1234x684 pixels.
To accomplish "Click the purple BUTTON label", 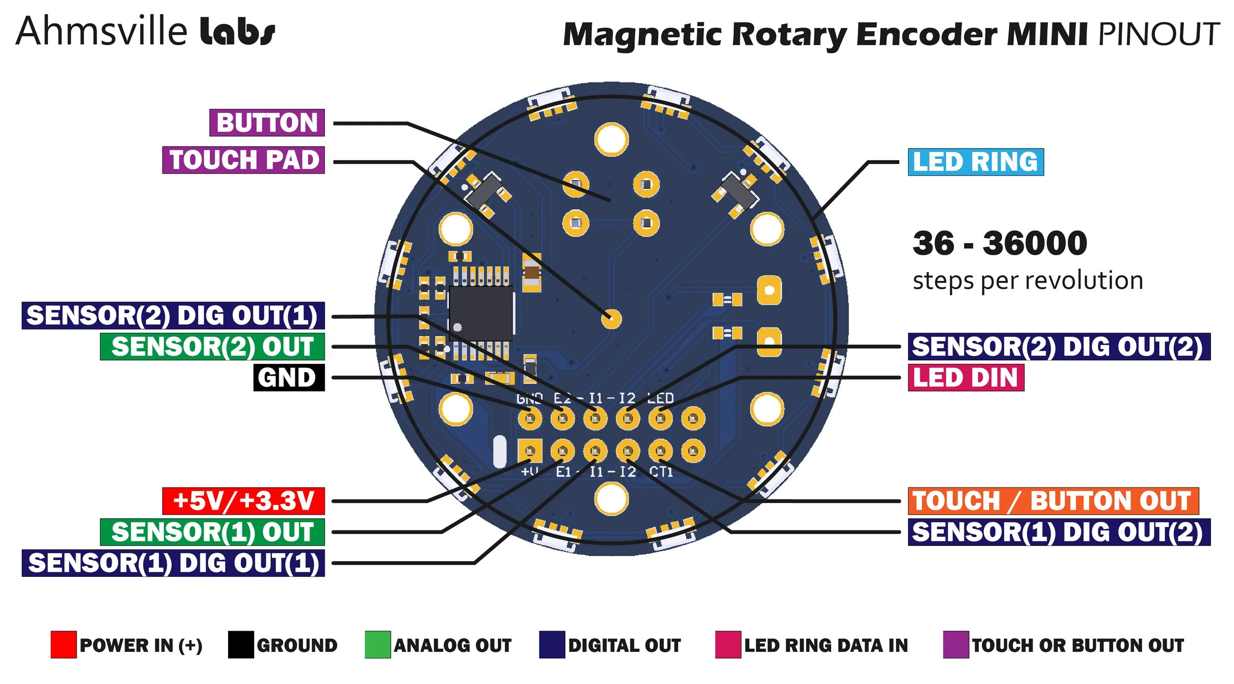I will pos(267,122).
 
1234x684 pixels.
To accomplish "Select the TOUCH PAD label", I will pos(243,160).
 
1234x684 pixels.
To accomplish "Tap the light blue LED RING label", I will pos(975,162).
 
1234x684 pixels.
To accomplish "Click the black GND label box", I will pos(289,378).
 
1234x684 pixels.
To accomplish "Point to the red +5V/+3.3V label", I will pos(243,501).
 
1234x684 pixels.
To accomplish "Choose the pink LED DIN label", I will pos(965,378).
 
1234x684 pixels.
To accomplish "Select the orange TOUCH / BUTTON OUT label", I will pos(1053,501).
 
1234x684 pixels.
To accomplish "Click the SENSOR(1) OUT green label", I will pos(212,532).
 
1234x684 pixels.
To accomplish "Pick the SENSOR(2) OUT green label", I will pos(212,346).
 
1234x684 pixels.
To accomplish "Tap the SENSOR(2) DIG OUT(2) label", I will pos(1059,346).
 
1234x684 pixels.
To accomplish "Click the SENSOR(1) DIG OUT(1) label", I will pos(173,563).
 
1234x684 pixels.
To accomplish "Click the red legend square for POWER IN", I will pos(63,645).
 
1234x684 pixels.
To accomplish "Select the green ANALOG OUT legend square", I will pos(378,645).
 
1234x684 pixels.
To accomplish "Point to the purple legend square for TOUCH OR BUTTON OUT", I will pos(956,645).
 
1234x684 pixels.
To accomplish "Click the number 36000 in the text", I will pos(1035,243).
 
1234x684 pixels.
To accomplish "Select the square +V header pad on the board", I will pos(530,451).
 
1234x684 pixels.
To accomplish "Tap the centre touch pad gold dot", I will pos(612,319).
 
